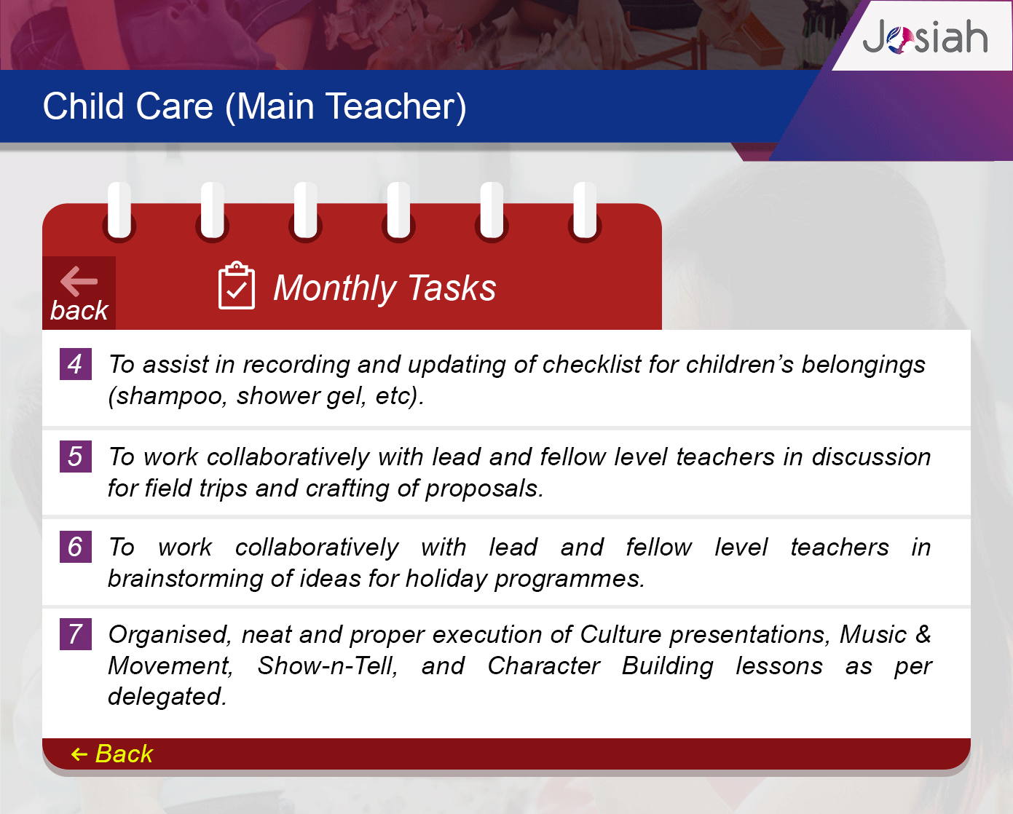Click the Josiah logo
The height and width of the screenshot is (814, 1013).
pyautogui.click(x=925, y=36)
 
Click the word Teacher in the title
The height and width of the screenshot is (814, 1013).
pyautogui.click(x=395, y=107)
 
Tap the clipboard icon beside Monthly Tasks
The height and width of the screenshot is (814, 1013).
pyautogui.click(x=236, y=285)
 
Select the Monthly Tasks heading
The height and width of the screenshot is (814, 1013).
pyautogui.click(x=385, y=288)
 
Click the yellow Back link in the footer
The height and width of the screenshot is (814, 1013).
pyautogui.click(x=112, y=754)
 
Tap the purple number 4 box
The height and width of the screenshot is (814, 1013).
pyautogui.click(x=75, y=364)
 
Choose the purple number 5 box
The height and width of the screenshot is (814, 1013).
pyautogui.click(x=75, y=457)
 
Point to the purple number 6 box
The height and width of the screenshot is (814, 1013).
pyautogui.click(x=75, y=547)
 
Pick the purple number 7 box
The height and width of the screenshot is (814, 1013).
pyautogui.click(x=75, y=633)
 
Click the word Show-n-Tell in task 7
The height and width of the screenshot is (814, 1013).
pyautogui.click(x=328, y=666)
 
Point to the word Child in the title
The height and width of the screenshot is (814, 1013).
pyautogui.click(x=83, y=106)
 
